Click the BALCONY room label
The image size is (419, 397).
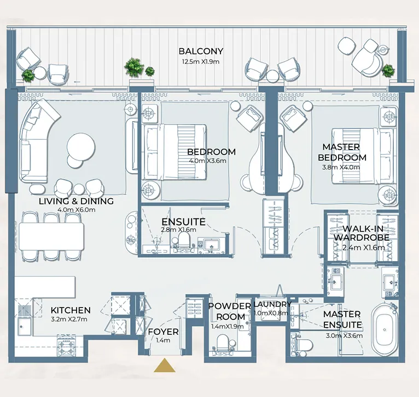pos(201,51)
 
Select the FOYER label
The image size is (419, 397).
pos(163,331)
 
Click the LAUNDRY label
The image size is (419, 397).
pos(272,304)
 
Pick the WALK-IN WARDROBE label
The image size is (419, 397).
pos(366,233)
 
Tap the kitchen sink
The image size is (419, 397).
pos(24,327)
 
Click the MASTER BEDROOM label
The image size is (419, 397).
pos(341,152)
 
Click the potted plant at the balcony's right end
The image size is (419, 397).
pos(388,70)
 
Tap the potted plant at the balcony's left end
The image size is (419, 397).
pos(28,75)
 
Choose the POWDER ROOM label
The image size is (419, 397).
pos(230,311)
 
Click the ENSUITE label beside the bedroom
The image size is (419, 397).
pos(183,222)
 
